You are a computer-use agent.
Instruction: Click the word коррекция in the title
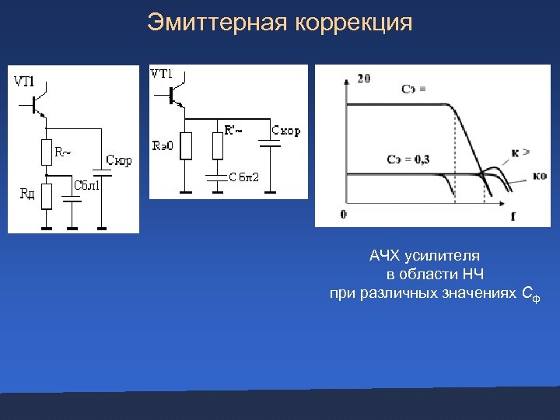point(353,23)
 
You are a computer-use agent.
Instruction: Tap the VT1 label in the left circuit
point(25,81)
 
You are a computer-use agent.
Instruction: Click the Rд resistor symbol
point(46,197)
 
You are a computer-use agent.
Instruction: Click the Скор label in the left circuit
point(117,161)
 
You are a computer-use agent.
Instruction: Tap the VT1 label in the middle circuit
point(161,75)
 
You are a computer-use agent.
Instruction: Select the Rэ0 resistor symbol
point(185,145)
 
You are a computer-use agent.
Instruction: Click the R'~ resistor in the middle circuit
point(217,145)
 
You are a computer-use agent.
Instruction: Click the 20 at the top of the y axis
point(363,78)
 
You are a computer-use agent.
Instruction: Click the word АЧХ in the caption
point(384,255)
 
